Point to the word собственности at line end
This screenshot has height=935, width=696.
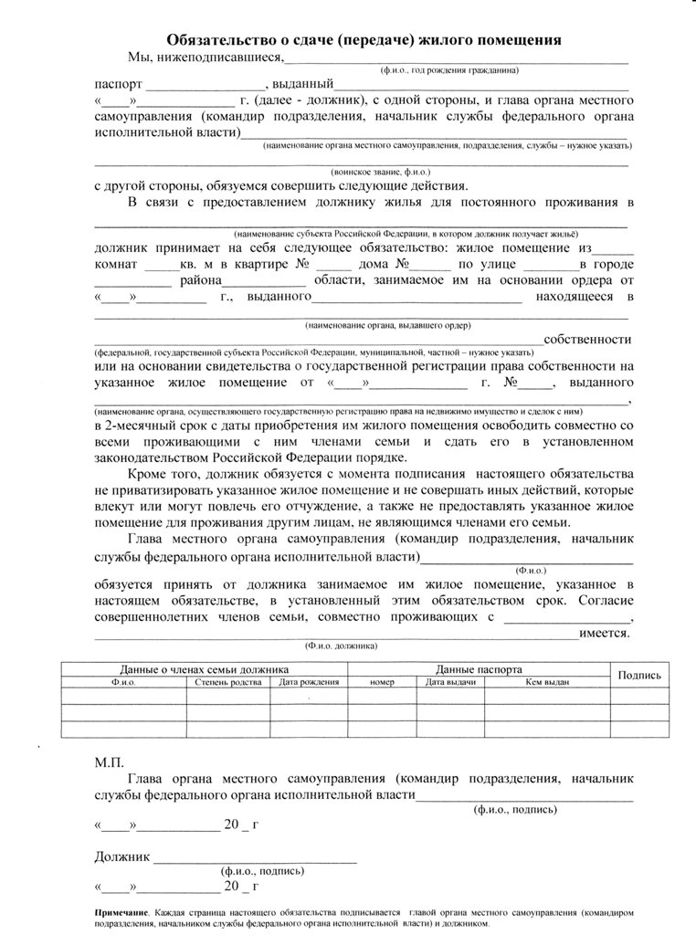588,339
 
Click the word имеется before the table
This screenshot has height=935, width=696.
599,632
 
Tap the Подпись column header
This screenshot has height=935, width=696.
639,675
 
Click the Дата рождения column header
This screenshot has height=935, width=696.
310,681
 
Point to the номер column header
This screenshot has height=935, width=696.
382,681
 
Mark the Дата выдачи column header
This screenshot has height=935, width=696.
450,681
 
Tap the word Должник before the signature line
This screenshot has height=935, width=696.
121,856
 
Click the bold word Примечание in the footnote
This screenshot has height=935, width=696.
121,912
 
